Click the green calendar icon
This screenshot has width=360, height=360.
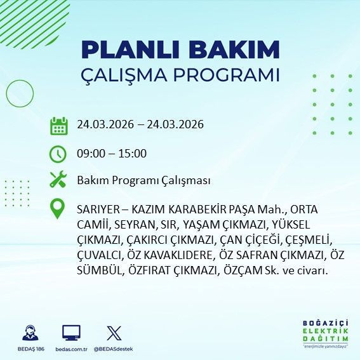(58, 125)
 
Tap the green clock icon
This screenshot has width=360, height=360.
(58, 153)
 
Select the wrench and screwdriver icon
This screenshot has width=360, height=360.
(58, 180)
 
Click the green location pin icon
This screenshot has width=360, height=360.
(58, 209)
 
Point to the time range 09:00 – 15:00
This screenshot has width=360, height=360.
(111, 153)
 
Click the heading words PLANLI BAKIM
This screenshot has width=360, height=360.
(180, 50)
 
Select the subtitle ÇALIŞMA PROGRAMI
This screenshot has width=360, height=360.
(180, 75)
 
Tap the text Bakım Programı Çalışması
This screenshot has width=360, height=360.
(143, 180)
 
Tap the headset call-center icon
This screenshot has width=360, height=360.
(29, 333)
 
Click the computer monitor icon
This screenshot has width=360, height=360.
(71, 333)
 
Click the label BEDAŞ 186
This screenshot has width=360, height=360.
(29, 349)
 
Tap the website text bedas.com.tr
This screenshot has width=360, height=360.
(71, 349)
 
